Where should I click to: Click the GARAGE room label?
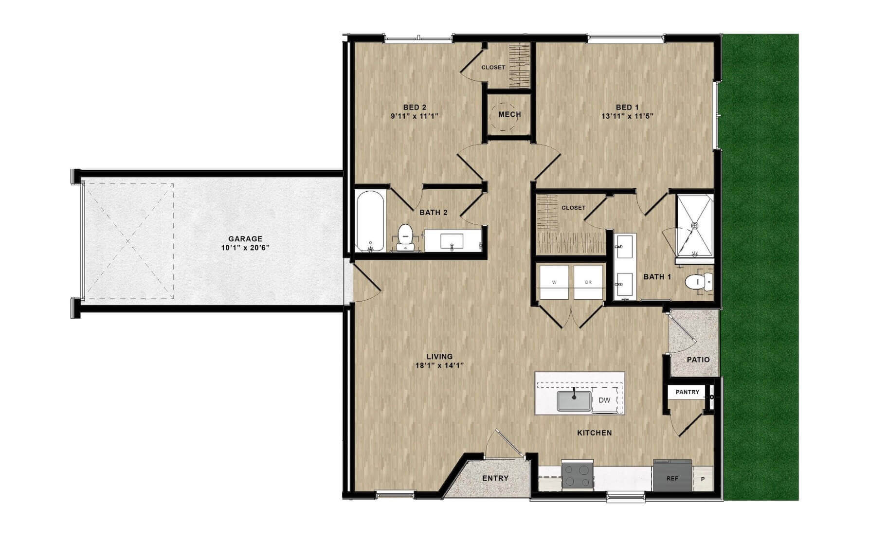click(x=245, y=239)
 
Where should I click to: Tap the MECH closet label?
click(x=509, y=114)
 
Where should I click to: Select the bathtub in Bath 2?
click(x=370, y=221)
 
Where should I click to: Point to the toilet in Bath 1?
click(x=699, y=282)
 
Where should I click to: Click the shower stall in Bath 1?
click(x=695, y=225)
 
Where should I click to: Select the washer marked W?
click(x=554, y=282)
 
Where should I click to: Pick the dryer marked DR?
click(x=588, y=282)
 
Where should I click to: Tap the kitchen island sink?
click(x=574, y=401)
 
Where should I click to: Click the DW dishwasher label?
click(x=604, y=400)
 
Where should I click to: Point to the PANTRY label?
click(x=688, y=392)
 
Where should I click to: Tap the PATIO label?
click(x=698, y=360)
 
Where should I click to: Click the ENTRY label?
click(x=495, y=478)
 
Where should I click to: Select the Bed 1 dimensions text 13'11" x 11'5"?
click(x=627, y=116)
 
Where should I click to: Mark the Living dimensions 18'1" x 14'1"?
click(x=439, y=365)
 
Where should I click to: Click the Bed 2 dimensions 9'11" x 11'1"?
click(x=415, y=116)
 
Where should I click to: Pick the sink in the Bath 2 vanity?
click(x=452, y=241)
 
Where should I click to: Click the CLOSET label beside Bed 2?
click(x=493, y=68)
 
